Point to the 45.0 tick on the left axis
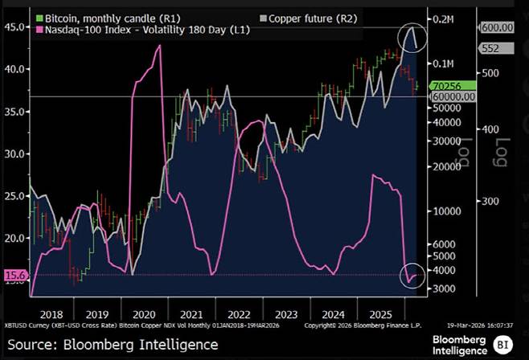pos(14,27)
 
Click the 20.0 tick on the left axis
pos(14,238)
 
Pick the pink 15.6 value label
pos(14,275)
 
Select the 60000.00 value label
pos(453,96)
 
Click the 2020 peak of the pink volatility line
pos(159,47)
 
